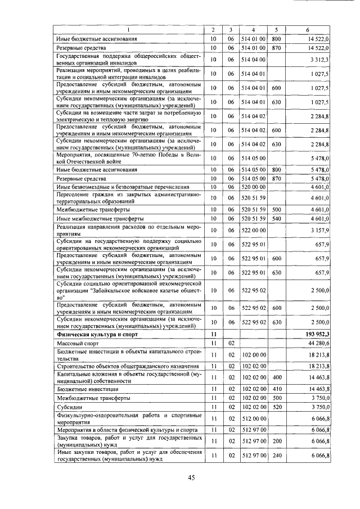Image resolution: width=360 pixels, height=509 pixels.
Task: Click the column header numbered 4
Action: click(253, 29)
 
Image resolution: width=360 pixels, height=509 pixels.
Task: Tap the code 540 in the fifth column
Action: click(276, 218)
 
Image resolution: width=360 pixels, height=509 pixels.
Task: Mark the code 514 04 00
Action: click(252, 58)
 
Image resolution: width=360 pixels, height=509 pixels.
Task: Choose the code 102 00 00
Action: click(252, 355)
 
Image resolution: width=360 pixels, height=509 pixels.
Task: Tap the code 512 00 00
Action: click(252, 418)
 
